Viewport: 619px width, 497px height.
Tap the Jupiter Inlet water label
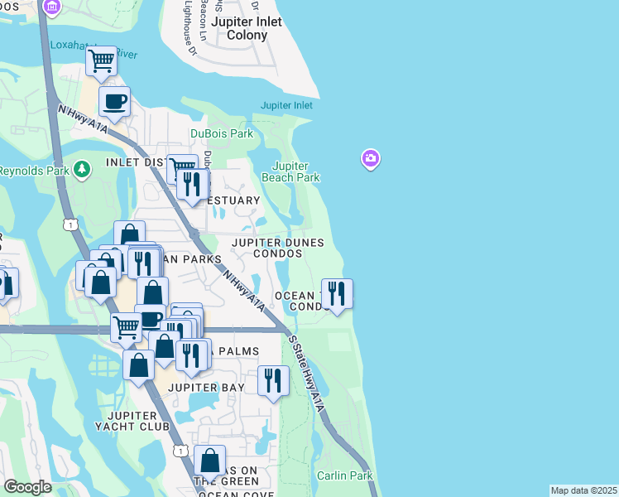click(286, 105)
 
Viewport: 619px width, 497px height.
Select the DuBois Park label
click(221, 133)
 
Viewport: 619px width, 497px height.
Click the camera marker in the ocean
click(371, 157)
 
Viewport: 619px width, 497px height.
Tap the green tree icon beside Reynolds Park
click(81, 171)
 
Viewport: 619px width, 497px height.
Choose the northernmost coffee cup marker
click(114, 102)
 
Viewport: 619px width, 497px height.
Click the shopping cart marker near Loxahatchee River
click(101, 60)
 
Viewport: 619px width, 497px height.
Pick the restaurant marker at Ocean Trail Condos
click(337, 293)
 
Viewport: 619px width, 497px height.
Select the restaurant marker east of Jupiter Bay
click(273, 381)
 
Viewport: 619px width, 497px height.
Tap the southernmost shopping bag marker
click(210, 460)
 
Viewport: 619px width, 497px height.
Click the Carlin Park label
click(344, 475)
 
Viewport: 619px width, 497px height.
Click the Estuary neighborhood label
click(235, 201)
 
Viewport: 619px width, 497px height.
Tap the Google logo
click(27, 487)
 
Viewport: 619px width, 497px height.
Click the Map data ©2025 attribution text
click(583, 490)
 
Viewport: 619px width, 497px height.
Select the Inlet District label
click(137, 162)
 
